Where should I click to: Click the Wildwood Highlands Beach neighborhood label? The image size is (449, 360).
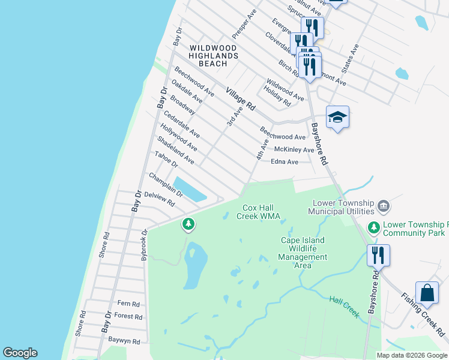(x=213, y=55)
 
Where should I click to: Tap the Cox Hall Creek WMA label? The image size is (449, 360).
(x=258, y=212)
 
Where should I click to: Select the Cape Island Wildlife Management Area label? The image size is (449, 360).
(x=303, y=253)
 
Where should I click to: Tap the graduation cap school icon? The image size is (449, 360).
(x=337, y=117)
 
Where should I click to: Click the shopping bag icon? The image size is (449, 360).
(x=427, y=293)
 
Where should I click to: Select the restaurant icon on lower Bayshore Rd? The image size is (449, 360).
(x=378, y=255)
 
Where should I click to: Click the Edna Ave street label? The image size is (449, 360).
(x=285, y=162)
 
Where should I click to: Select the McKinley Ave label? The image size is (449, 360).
(x=294, y=149)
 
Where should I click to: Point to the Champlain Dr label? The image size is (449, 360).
(x=166, y=185)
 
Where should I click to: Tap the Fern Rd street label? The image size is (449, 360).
(x=128, y=304)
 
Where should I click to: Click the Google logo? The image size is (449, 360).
(x=20, y=353)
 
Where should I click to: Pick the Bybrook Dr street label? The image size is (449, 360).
(x=143, y=244)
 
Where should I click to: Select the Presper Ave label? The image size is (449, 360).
(x=244, y=28)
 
